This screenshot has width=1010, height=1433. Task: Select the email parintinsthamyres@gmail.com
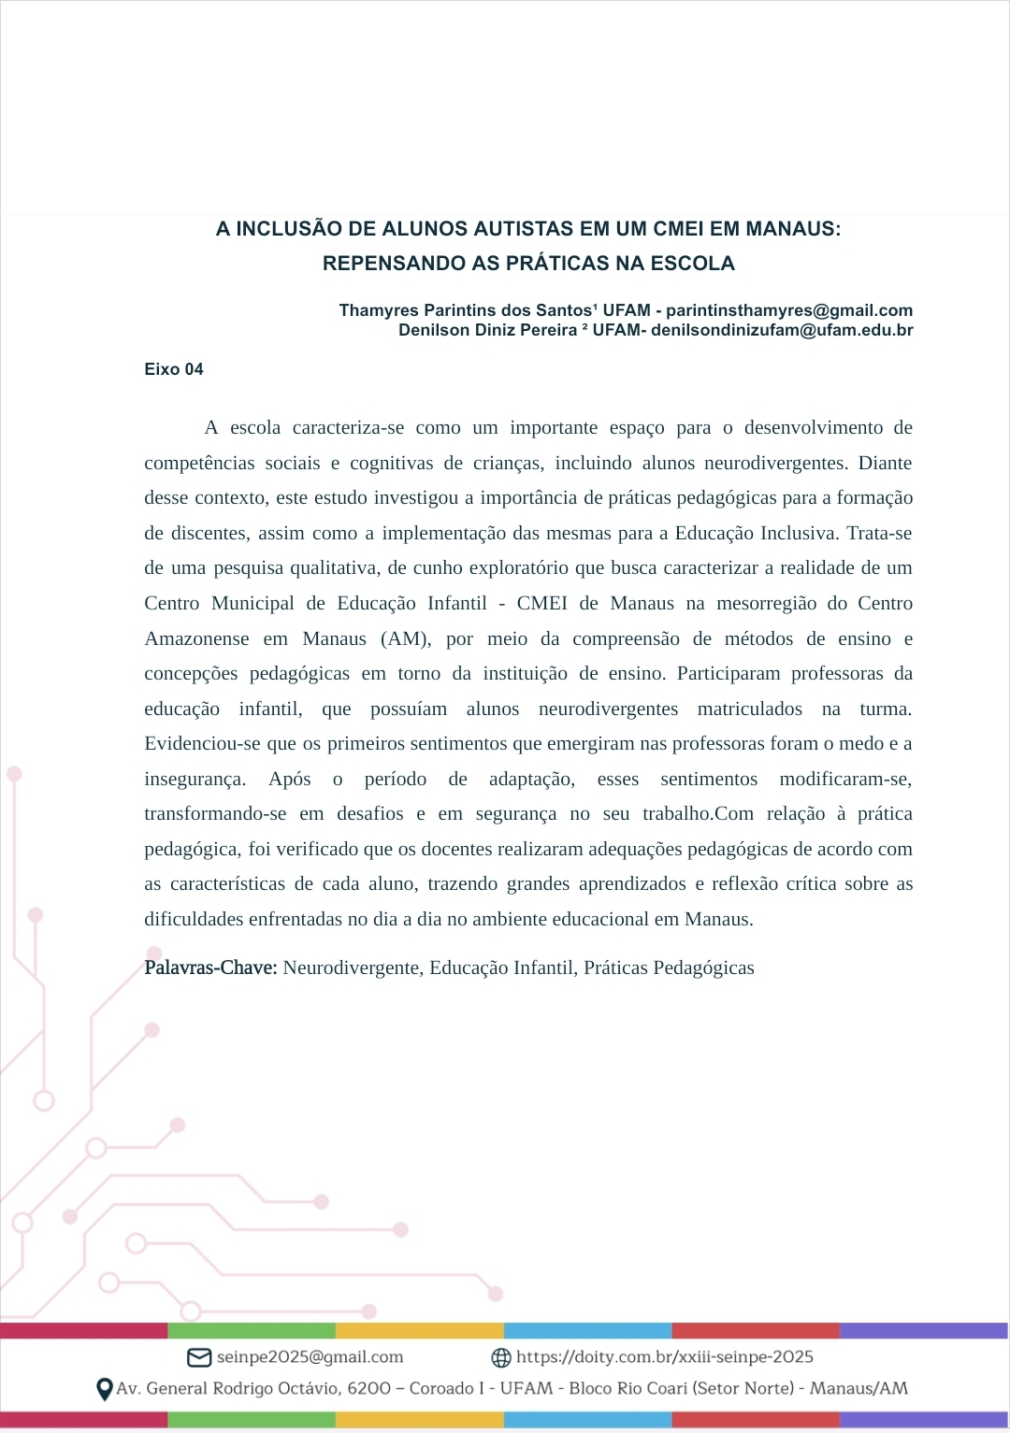click(x=789, y=310)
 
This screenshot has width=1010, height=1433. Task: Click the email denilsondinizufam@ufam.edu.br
click(x=782, y=330)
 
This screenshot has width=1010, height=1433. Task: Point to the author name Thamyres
click(x=379, y=310)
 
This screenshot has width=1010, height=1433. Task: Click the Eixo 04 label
click(x=174, y=369)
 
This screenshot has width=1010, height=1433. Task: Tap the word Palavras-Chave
click(x=210, y=967)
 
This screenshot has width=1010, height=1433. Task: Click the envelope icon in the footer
click(x=199, y=1357)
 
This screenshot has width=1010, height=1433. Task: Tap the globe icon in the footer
click(x=501, y=1357)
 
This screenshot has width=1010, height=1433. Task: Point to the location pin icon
click(x=105, y=1389)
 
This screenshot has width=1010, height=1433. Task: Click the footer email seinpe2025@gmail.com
click(x=310, y=1357)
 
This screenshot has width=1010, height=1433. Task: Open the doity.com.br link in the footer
click(x=664, y=1357)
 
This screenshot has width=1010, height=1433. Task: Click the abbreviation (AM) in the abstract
click(x=405, y=639)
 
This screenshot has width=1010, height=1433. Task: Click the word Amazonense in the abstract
click(x=196, y=639)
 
